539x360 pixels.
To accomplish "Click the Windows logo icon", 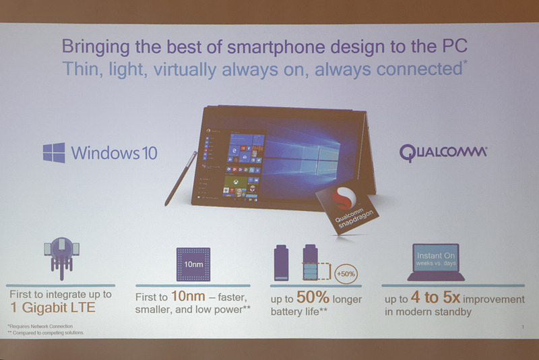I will pyautogui.click(x=54, y=152).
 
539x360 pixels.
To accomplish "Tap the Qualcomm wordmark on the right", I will pyautogui.click(x=443, y=152).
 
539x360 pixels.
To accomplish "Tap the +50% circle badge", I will pyautogui.click(x=347, y=274).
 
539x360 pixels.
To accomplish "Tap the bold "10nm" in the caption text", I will pyautogui.click(x=185, y=298).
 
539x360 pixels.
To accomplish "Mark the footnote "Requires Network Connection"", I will pyautogui.click(x=42, y=326).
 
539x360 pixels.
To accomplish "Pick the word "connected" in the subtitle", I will pyautogui.click(x=417, y=69).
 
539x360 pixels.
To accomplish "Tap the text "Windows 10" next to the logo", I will pyautogui.click(x=114, y=153).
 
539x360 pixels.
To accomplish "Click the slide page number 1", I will pyautogui.click(x=523, y=327).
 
